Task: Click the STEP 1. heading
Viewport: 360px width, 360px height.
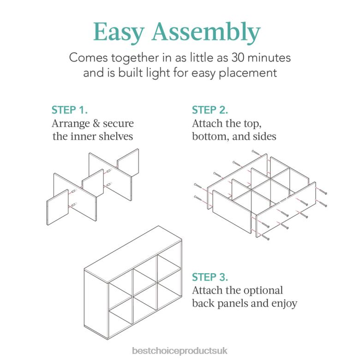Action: pos(70,110)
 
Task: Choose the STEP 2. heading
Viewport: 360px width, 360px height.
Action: pos(210,110)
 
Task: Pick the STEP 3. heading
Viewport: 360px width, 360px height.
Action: pos(210,277)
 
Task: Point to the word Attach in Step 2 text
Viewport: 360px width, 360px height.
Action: pos(206,124)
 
